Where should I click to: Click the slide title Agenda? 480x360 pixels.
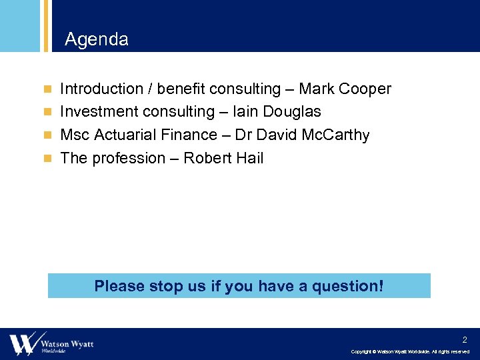tap(97, 40)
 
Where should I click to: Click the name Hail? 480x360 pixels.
tap(249, 158)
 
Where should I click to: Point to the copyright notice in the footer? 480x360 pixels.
tap(410, 351)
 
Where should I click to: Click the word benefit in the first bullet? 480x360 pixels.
tap(180, 89)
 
